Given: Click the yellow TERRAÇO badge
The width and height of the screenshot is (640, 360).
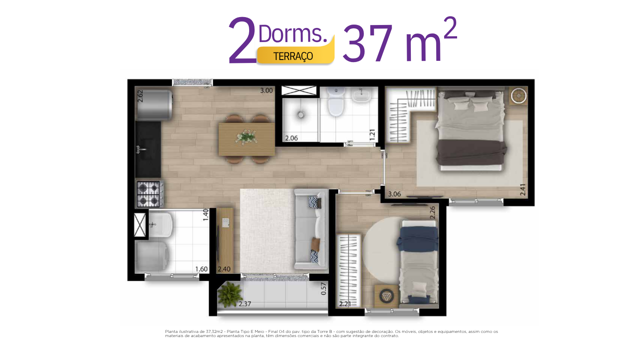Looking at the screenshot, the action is [x=295, y=55].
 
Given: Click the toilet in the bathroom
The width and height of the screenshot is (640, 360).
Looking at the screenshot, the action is [x=336, y=102].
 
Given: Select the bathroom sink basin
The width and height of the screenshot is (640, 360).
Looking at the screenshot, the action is [x=361, y=95].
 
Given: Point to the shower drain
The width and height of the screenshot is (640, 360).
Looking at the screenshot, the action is [x=300, y=115].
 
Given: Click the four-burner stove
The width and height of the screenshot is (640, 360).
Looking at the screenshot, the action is [x=149, y=194].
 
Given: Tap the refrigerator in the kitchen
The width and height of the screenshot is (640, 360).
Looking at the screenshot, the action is [x=154, y=105].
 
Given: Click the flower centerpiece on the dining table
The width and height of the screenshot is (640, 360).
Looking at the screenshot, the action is [x=246, y=137].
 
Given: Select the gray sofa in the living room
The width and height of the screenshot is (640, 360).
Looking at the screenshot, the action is [x=311, y=229].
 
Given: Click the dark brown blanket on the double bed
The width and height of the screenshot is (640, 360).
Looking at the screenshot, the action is [x=471, y=152].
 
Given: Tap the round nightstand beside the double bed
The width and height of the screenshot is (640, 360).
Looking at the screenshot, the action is [x=519, y=96].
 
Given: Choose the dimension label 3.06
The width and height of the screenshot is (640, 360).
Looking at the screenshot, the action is [x=394, y=194].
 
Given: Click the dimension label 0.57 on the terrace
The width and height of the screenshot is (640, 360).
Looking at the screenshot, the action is [x=323, y=289].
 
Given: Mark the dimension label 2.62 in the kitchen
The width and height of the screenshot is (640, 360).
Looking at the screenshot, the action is [x=140, y=96].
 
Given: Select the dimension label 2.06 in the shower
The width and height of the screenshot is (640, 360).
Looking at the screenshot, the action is [x=291, y=138].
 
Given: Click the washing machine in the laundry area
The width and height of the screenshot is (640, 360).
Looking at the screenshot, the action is [x=151, y=257].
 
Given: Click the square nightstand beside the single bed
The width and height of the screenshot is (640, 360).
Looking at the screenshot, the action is [x=386, y=296].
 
